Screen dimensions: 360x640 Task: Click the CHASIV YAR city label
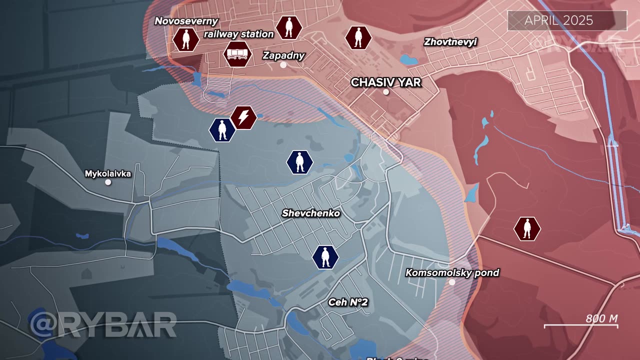coord(386,82)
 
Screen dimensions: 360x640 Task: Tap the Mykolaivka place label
coord(108,173)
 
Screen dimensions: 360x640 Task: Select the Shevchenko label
coord(311,213)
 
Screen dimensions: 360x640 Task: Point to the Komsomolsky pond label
coord(452,272)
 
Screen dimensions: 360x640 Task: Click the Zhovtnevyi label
coord(450,42)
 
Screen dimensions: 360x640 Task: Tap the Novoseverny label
coord(186,21)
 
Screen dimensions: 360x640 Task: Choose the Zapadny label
coord(283,55)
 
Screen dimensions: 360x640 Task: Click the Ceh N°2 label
coord(348,302)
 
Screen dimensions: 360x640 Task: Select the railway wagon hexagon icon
coord(237,54)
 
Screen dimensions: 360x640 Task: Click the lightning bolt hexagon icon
coord(243,118)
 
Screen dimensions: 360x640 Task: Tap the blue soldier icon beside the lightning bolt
coord(222,130)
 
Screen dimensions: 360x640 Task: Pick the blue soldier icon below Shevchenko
coord(325,257)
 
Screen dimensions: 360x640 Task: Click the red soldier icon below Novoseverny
coord(186,39)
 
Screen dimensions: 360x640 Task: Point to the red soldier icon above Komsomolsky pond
coord(527,229)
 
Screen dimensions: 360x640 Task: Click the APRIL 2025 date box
coord(567,20)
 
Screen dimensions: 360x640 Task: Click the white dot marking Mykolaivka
coord(108,182)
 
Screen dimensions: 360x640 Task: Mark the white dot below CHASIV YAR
coord(385,92)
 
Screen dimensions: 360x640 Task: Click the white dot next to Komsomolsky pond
coord(452,282)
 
